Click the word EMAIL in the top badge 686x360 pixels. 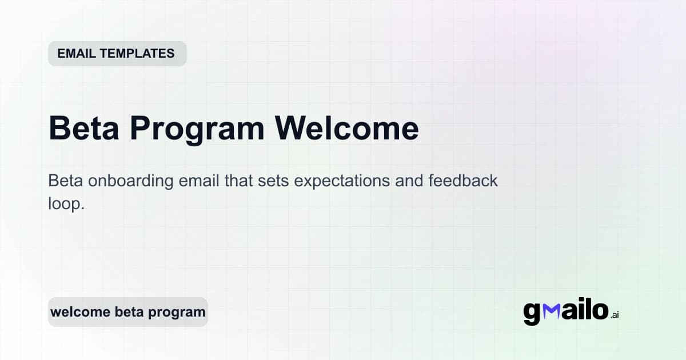[x=77, y=54]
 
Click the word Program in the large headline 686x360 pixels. [x=197, y=129]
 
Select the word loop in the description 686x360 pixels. [x=66, y=204]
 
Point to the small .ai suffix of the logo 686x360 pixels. [x=615, y=315]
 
